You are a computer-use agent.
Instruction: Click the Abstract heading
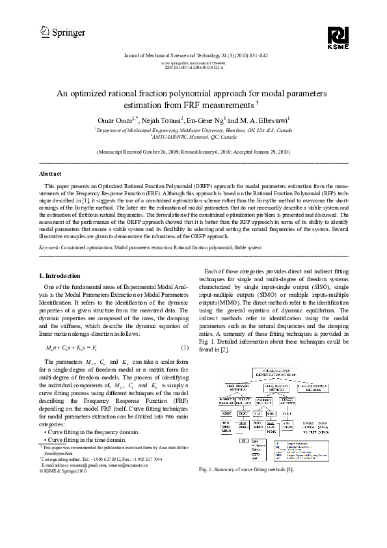pyautogui.click(x=51, y=174)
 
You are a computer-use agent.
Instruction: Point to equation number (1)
pyautogui.click(x=184, y=347)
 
